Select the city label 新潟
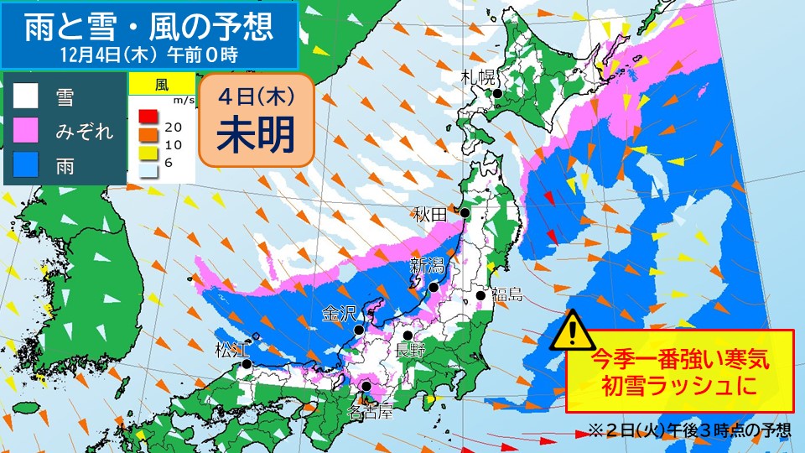tap(427, 266)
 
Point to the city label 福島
tap(506, 294)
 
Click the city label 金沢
tap(340, 313)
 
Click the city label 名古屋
tap(370, 411)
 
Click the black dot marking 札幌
tap(497, 94)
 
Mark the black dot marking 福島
tap(481, 295)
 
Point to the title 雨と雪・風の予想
tap(148, 26)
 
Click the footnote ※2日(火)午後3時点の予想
tap(689, 431)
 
